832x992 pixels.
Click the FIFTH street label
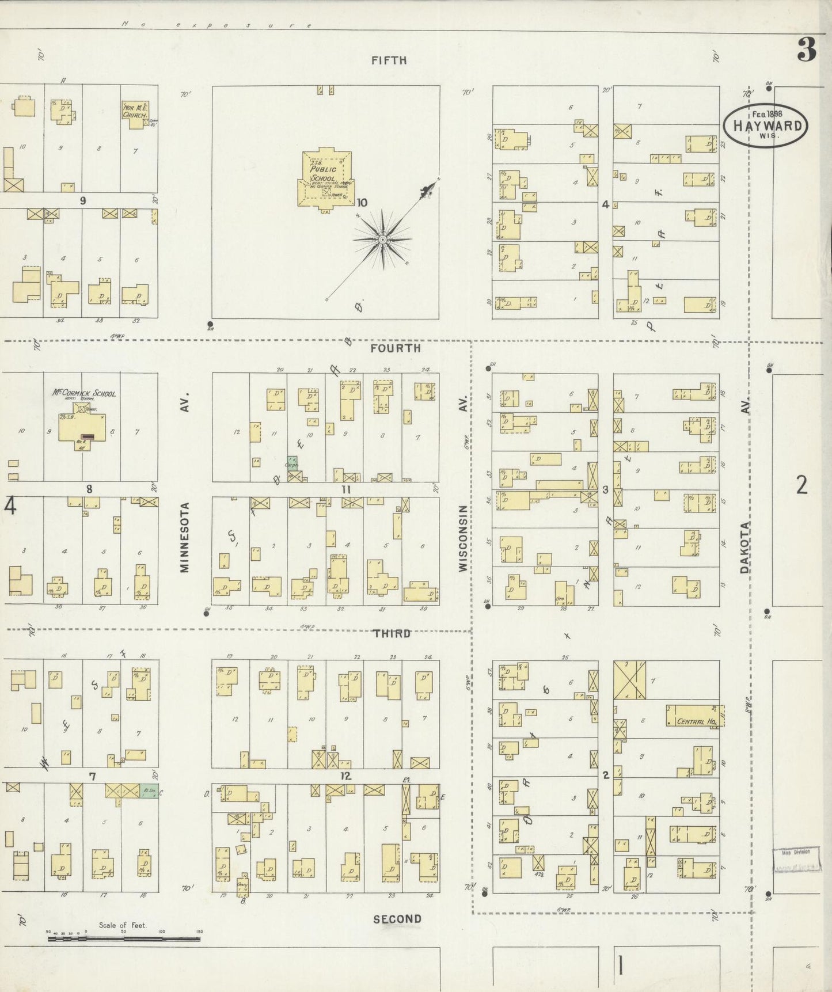(x=389, y=60)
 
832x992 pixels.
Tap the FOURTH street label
(x=396, y=348)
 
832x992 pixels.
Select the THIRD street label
(x=392, y=633)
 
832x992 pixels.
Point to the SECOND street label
(x=397, y=919)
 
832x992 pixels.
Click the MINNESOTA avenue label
(x=184, y=537)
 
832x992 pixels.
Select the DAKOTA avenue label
(x=745, y=547)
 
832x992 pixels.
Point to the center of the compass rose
(x=382, y=239)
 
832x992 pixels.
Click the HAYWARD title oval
(x=765, y=126)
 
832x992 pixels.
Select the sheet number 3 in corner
(x=806, y=51)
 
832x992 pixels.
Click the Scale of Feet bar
(x=124, y=938)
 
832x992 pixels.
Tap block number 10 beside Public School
(x=362, y=203)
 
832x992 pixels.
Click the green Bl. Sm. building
(x=149, y=792)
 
